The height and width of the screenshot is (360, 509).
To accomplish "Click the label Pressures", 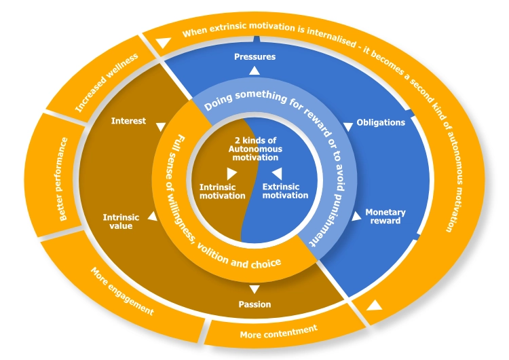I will coord(254,56).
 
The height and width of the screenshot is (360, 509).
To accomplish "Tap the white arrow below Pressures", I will coord(254,70).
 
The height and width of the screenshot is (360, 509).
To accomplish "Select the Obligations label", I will coord(381,122).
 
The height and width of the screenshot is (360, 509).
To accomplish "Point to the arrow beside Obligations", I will coord(348,125).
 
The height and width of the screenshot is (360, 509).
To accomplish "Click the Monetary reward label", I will coord(385,216).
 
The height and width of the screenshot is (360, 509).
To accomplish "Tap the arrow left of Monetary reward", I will coord(356,217).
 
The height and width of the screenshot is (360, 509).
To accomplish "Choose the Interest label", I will coord(128,121).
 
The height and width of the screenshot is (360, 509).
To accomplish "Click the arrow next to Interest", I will coord(160,126).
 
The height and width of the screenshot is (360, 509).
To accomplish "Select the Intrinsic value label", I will coord(121,221).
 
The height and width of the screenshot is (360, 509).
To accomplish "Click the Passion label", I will coord(254,304).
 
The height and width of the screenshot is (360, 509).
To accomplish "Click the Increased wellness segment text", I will coord(107,82).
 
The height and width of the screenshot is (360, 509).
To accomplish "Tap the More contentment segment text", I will coord(278,331).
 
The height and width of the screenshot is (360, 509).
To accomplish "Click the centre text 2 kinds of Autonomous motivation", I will coord(254,149).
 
